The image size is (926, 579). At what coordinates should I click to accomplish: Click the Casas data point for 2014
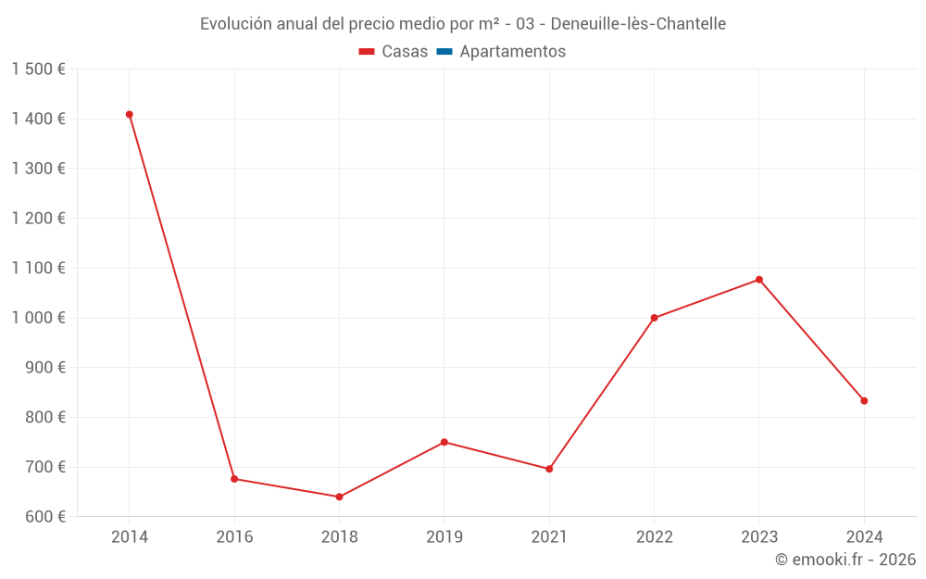[x=130, y=115]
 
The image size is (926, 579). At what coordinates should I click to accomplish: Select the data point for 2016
[x=234, y=479]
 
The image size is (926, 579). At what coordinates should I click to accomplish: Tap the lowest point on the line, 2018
[x=339, y=497]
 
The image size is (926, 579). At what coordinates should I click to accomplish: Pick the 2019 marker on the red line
[x=444, y=442]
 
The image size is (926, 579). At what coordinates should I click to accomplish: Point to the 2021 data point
[x=549, y=469]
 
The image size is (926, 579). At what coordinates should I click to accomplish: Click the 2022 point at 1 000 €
[x=654, y=318]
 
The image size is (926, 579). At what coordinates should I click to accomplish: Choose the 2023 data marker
[x=759, y=280]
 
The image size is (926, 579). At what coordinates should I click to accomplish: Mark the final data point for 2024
[x=864, y=401]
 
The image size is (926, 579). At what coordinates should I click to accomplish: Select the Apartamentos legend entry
[x=512, y=52]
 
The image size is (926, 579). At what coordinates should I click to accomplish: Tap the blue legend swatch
[x=444, y=52]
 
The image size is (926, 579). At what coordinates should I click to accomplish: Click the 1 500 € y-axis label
[x=39, y=69]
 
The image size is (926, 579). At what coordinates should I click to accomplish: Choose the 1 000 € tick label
[x=39, y=318]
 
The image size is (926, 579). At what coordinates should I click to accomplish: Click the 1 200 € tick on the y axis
[x=39, y=219]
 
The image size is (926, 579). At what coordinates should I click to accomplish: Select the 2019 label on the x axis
[x=444, y=537]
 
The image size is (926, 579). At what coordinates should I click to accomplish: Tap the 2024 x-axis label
[x=864, y=537]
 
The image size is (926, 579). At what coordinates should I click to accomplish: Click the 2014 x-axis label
[x=130, y=537]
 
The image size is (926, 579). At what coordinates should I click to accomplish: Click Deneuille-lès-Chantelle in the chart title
[x=638, y=23]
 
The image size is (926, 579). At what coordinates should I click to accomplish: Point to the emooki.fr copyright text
[x=845, y=560]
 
